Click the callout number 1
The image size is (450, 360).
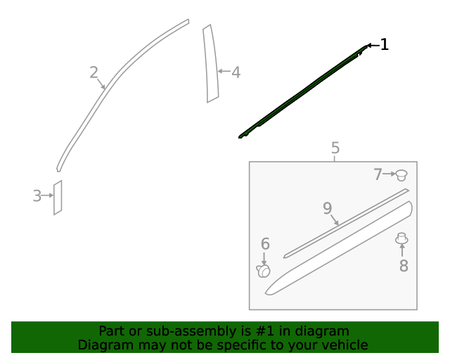tap(384, 45)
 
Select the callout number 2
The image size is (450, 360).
tap(94, 72)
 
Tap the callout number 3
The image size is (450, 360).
tap(37, 196)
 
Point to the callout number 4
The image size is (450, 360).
tap(236, 72)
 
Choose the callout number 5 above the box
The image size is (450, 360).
tap(335, 148)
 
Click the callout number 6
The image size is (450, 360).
tap(265, 244)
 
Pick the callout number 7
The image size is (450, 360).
tap(378, 174)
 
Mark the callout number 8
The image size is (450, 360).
tap(404, 266)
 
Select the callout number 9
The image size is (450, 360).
tap(327, 208)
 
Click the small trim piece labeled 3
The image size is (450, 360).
tap(58, 198)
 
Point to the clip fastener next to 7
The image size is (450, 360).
tap(401, 174)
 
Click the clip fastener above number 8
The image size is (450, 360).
tap(402, 239)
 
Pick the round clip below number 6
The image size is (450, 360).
tap(264, 271)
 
